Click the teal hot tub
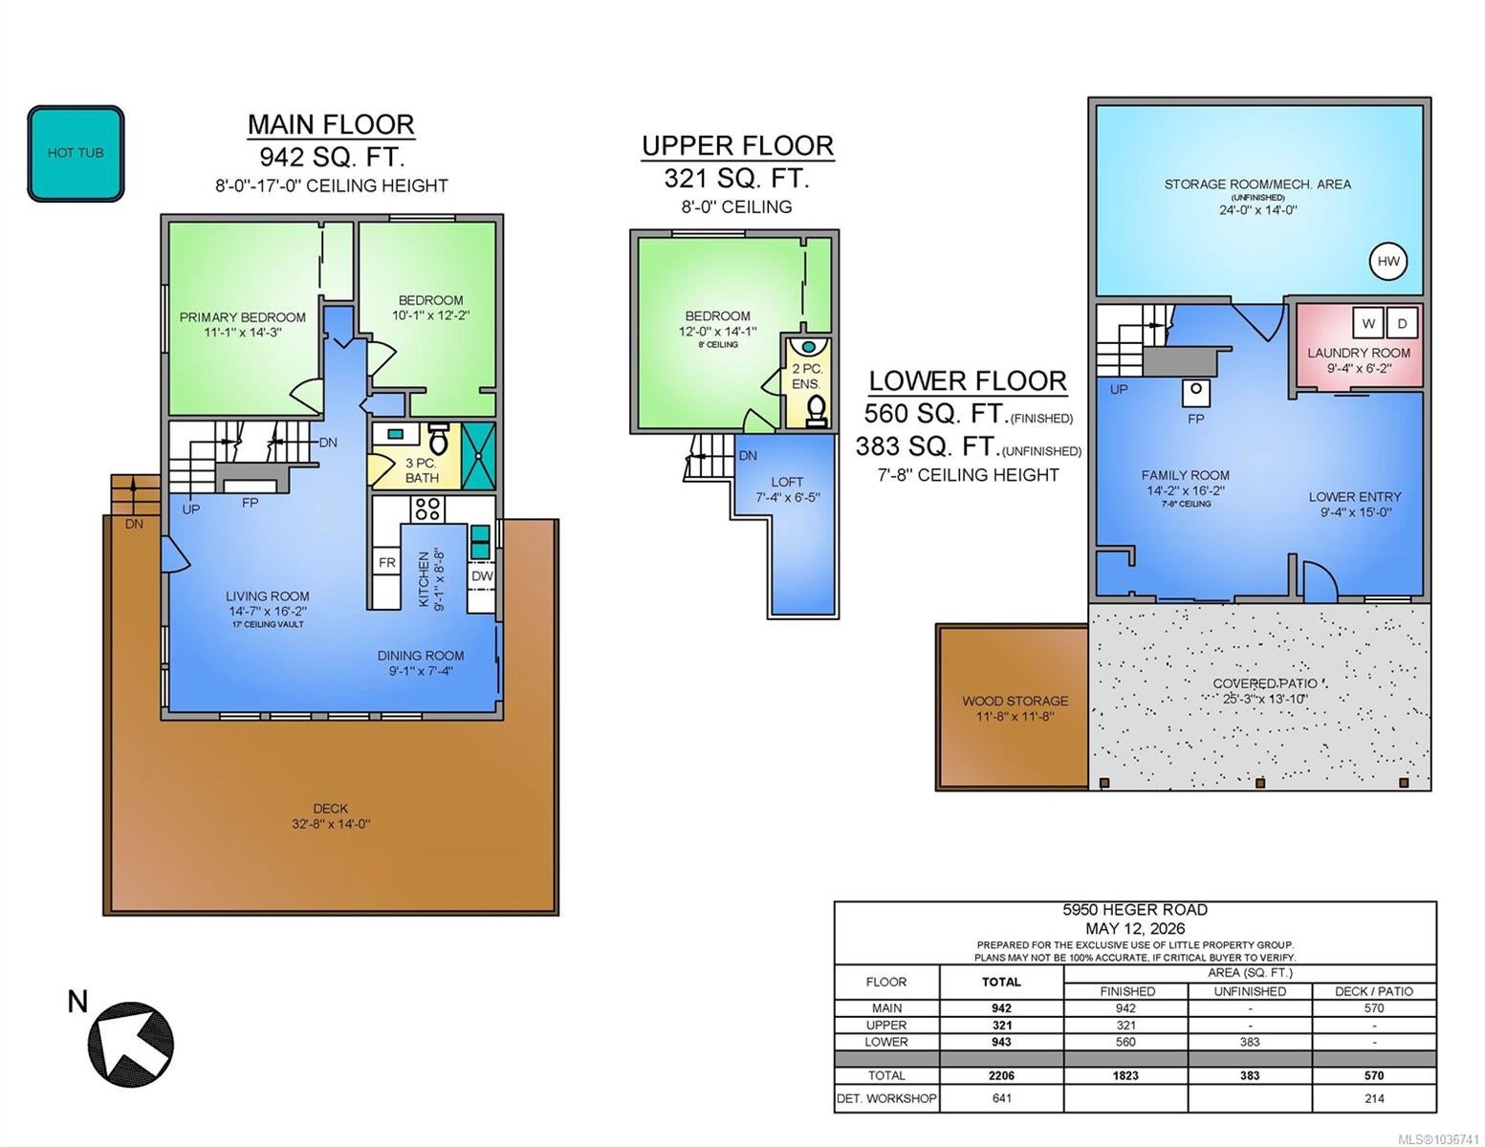click(x=76, y=153)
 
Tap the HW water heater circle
click(x=1388, y=261)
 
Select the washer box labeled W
click(x=1368, y=323)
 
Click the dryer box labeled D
click(x=1403, y=323)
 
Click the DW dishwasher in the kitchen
click(x=482, y=576)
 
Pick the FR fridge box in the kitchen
click(x=387, y=562)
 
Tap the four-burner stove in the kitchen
click(x=427, y=509)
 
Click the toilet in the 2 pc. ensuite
click(x=816, y=411)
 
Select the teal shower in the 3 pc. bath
click(x=479, y=456)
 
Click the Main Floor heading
click(x=331, y=124)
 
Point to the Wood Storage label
click(x=1015, y=701)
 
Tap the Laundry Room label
click(x=1359, y=354)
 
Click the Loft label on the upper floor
click(x=787, y=482)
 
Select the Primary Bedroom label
click(x=243, y=317)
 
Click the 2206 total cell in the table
click(x=1001, y=1075)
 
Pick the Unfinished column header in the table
click(x=1250, y=991)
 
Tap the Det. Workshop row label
click(x=886, y=1098)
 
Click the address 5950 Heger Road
click(x=1135, y=910)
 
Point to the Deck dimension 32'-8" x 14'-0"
click(x=331, y=824)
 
